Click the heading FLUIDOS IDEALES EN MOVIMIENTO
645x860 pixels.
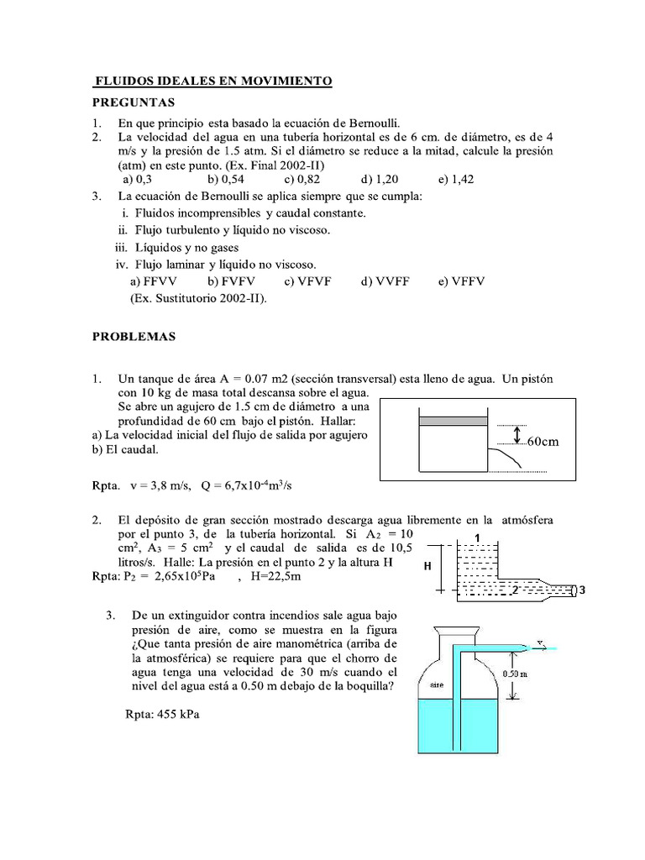coord(212,81)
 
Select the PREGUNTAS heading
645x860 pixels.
coord(133,102)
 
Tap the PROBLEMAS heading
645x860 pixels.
coord(134,336)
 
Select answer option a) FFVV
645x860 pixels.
coord(152,281)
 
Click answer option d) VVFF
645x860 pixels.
coord(385,281)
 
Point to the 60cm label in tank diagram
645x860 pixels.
coord(542,441)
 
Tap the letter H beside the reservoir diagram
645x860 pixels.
coord(427,567)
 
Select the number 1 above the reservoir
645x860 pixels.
coord(477,537)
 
